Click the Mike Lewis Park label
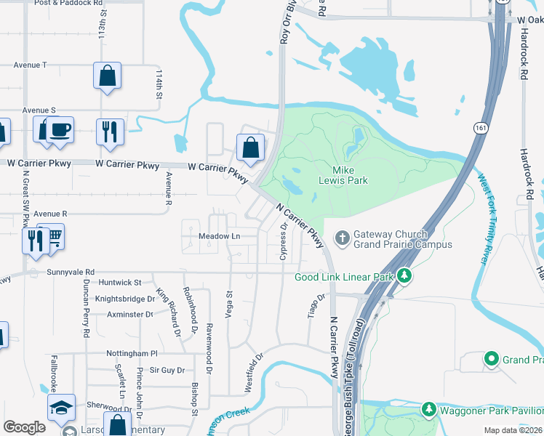point(343,175)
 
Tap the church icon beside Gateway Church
point(342,238)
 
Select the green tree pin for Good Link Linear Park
point(405,276)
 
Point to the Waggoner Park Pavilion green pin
point(429,410)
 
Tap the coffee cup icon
point(60,129)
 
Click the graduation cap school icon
point(61,408)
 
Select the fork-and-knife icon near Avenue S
point(110,131)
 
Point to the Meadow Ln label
point(219,236)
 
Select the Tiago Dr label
point(316,306)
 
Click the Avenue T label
point(31,65)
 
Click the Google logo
point(24,427)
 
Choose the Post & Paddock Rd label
point(68,4)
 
